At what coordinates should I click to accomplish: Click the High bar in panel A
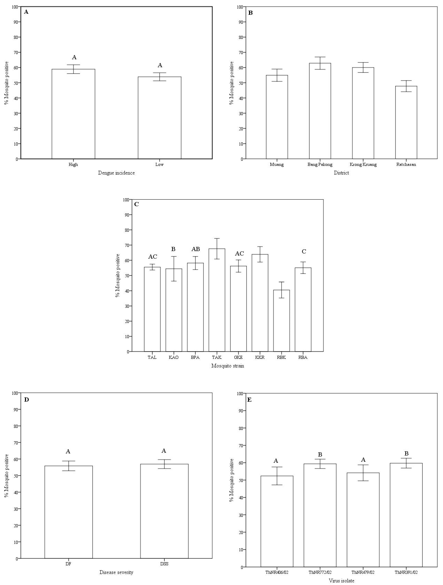73,114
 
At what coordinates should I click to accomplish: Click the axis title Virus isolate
341,581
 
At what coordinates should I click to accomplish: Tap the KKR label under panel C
260,357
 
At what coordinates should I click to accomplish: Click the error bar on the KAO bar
174,269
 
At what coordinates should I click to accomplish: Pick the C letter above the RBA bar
304,252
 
